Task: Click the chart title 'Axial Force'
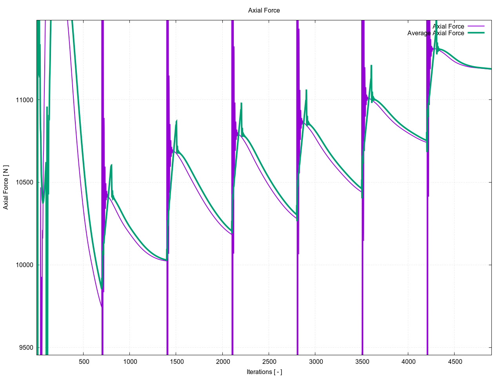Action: click(x=264, y=10)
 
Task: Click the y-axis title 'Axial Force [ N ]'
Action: click(x=6, y=187)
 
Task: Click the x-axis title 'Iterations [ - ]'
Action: click(x=264, y=372)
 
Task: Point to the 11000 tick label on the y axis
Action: click(x=25, y=100)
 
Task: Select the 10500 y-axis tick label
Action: click(x=25, y=183)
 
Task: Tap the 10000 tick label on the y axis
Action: click(x=25, y=265)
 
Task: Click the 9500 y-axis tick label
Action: click(x=26, y=348)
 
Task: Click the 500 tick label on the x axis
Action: click(x=84, y=362)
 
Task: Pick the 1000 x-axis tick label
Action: click(x=130, y=362)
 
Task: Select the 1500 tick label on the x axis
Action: click(x=176, y=362)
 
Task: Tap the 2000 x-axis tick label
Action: click(x=223, y=362)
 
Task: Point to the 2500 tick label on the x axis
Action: click(x=269, y=362)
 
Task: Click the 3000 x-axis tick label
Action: click(x=316, y=362)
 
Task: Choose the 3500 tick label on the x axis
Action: click(x=362, y=362)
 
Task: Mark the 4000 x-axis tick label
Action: click(x=408, y=362)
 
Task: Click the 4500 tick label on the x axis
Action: click(x=455, y=362)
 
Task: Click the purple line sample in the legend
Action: click(x=476, y=26)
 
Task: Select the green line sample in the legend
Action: click(x=476, y=33)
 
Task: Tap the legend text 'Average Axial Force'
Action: click(x=435, y=33)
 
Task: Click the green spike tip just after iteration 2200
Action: click(x=241, y=103)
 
